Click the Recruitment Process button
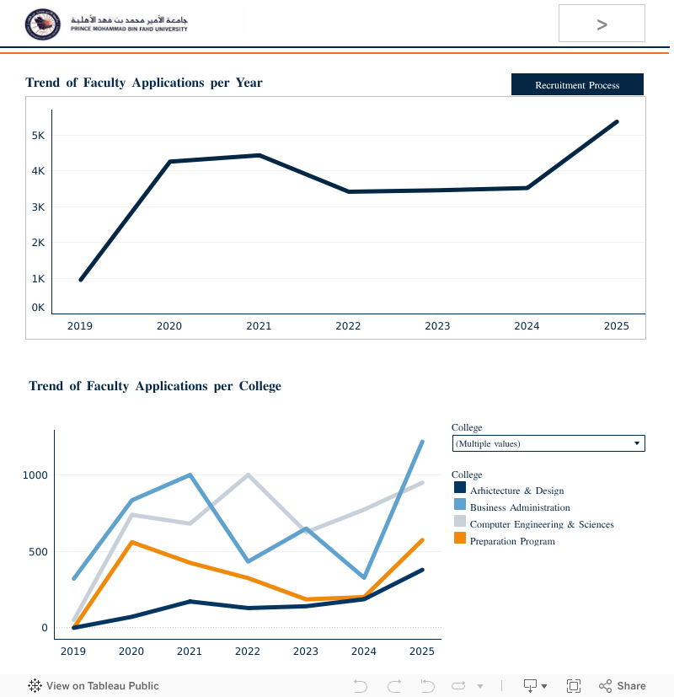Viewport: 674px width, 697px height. click(577, 85)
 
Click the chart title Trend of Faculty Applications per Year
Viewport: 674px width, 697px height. click(144, 83)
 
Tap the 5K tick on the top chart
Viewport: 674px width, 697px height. click(39, 136)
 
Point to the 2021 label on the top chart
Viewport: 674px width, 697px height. click(259, 326)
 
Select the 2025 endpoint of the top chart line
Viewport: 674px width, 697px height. click(617, 121)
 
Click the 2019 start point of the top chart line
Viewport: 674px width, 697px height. click(80, 280)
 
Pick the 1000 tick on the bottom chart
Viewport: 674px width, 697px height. click(35, 475)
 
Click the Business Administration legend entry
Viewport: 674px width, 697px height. click(520, 507)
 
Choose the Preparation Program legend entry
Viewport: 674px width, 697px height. click(512, 541)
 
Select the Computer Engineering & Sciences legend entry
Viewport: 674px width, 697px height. click(542, 524)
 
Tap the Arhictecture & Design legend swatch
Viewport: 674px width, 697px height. click(460, 488)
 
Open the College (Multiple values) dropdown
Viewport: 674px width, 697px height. click(548, 443)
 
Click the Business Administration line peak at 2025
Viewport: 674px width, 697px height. click(422, 442)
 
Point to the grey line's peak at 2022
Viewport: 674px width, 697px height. click(248, 474)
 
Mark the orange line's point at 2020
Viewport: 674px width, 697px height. click(131, 542)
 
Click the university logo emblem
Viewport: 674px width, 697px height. click(43, 24)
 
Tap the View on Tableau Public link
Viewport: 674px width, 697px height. click(94, 686)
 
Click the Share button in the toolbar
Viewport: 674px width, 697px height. click(623, 686)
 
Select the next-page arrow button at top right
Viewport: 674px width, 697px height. click(602, 24)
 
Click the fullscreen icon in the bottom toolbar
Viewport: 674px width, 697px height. click(574, 686)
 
